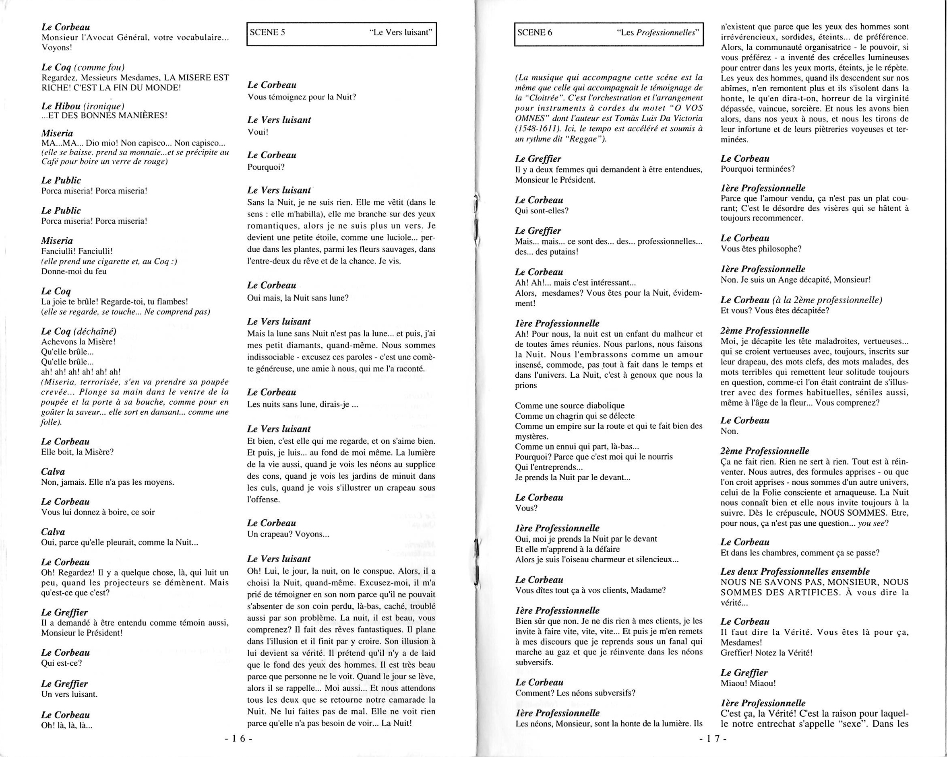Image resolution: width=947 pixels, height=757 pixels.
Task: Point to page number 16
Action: [x=238, y=738]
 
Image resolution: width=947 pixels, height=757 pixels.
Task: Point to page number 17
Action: [x=713, y=738]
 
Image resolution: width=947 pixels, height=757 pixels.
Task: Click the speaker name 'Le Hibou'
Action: [x=61, y=106]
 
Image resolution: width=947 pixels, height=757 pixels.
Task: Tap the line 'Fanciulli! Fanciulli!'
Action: [x=77, y=251]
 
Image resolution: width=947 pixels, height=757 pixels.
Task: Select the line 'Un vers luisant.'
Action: [x=69, y=694]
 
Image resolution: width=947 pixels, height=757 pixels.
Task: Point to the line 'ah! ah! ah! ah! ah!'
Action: [x=81, y=372]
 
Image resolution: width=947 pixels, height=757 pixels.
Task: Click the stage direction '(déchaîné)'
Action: [x=96, y=331]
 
